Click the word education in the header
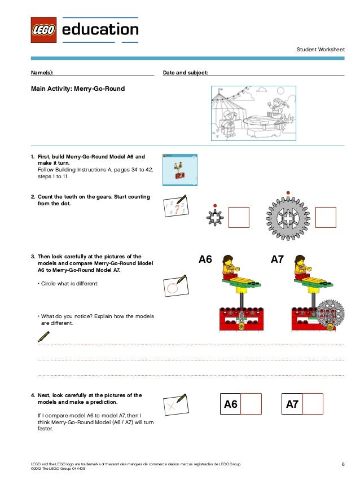[x=100, y=29]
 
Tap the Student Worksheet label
[x=320, y=50]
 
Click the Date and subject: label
[x=185, y=73]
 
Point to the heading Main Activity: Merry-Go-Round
[x=78, y=89]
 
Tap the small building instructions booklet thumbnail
[x=179, y=169]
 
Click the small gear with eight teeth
[x=215, y=217]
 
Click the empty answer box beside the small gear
[x=239, y=217]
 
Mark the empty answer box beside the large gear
[x=326, y=217]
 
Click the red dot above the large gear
[x=288, y=193]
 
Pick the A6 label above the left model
[x=205, y=260]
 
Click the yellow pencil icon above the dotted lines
[x=43, y=337]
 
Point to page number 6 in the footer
[x=343, y=464]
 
